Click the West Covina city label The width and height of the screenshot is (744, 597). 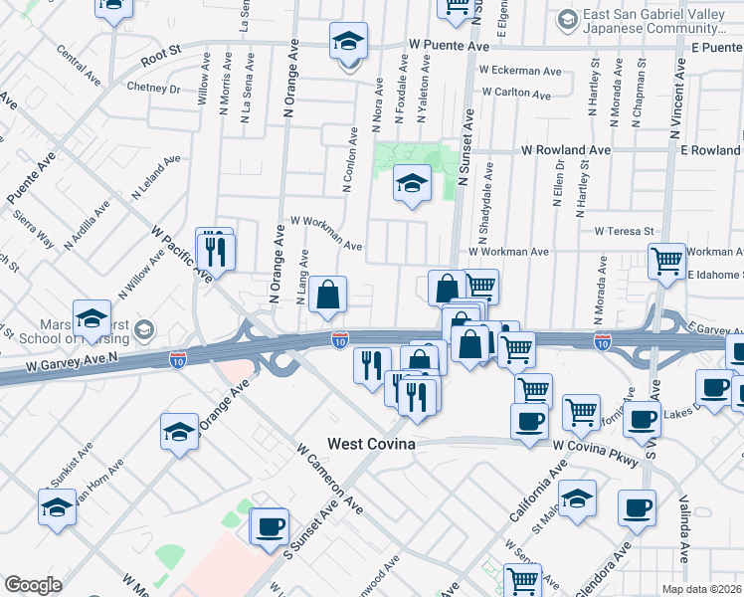(x=371, y=443)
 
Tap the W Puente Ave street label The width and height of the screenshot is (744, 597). (x=450, y=46)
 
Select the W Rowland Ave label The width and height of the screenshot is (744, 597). (x=567, y=150)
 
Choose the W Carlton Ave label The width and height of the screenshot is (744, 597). (x=516, y=94)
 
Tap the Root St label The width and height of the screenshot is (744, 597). (x=161, y=61)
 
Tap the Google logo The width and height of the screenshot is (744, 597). (x=33, y=585)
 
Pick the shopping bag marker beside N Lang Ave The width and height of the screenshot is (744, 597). (x=327, y=295)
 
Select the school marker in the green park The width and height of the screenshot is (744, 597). (x=411, y=183)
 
